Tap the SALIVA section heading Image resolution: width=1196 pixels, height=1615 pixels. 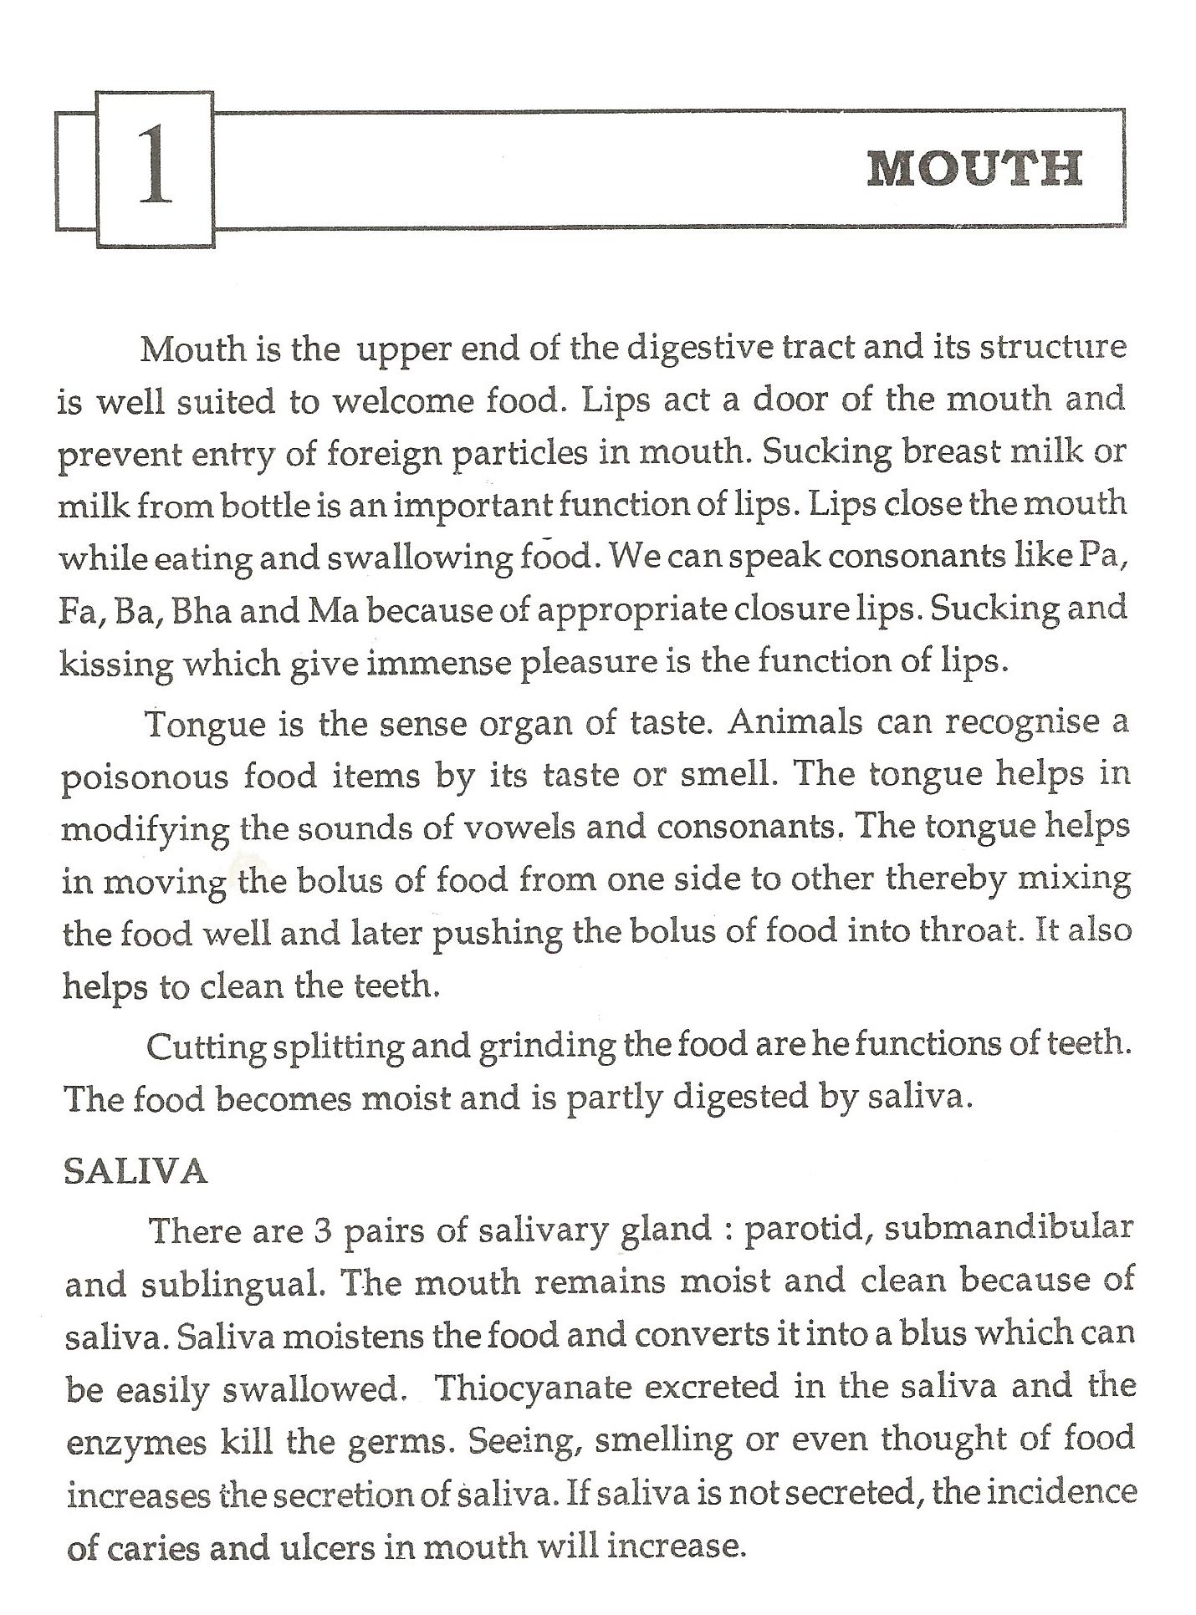coord(135,1172)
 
